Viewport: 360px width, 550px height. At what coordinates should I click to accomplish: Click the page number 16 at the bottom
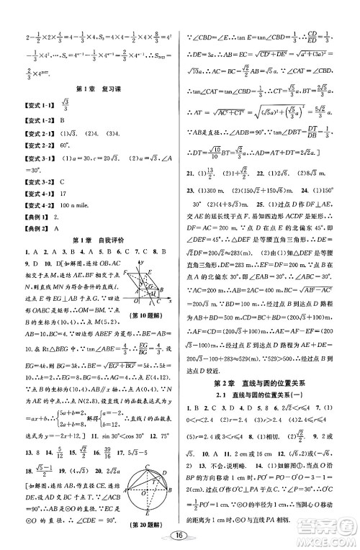(180, 535)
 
